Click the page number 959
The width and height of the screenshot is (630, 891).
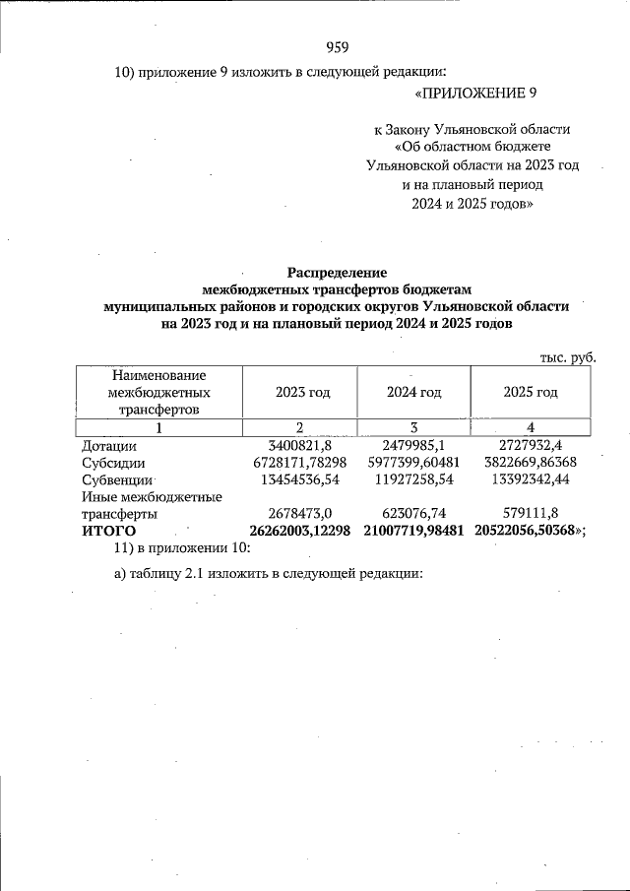coord(337,47)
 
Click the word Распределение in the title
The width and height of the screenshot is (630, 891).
coord(337,273)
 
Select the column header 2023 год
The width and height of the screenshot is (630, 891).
coord(302,392)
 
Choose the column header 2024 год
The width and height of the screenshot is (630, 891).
coord(413,392)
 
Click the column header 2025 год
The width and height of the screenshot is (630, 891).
coord(531,392)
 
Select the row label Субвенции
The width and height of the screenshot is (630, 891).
coord(116,480)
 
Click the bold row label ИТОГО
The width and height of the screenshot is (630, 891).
coord(107,532)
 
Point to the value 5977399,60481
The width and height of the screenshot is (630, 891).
coord(413,463)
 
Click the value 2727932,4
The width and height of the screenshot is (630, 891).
coord(531,446)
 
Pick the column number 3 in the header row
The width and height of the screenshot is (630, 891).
coord(413,427)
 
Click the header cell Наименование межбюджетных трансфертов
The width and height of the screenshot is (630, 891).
coord(158,392)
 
